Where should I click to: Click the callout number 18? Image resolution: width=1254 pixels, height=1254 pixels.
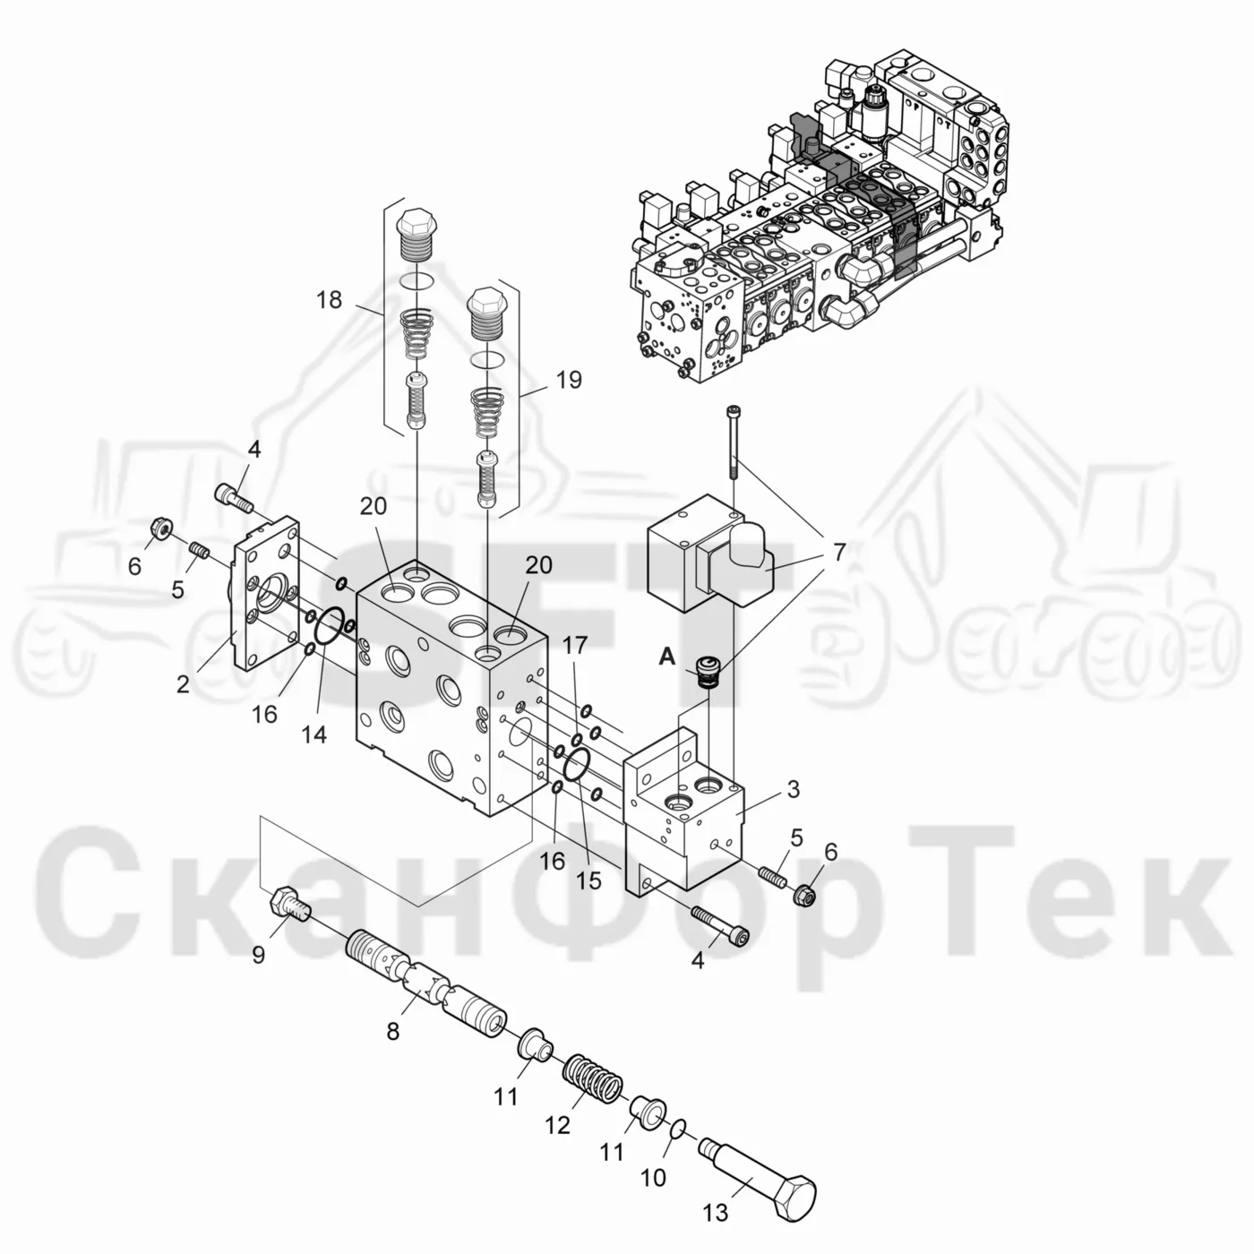(330, 300)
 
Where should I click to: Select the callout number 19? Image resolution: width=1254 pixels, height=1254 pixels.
(569, 380)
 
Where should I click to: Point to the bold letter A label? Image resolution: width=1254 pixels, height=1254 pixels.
(667, 657)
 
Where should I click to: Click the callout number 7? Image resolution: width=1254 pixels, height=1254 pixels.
(839, 552)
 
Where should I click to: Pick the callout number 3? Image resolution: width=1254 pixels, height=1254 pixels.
(794, 789)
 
